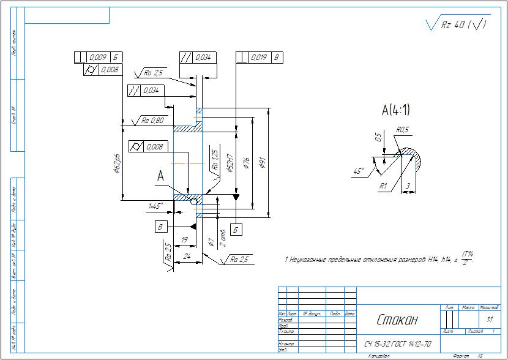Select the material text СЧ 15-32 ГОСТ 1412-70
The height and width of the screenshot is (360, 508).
(397, 344)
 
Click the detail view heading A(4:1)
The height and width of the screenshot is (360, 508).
(395, 111)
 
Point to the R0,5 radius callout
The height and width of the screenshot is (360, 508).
(402, 130)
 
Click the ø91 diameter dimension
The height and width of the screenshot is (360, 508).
(263, 162)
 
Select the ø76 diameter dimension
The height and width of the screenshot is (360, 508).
(246, 163)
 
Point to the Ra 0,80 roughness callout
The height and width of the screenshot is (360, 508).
(152, 121)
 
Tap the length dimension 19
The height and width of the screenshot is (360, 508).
(184, 240)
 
